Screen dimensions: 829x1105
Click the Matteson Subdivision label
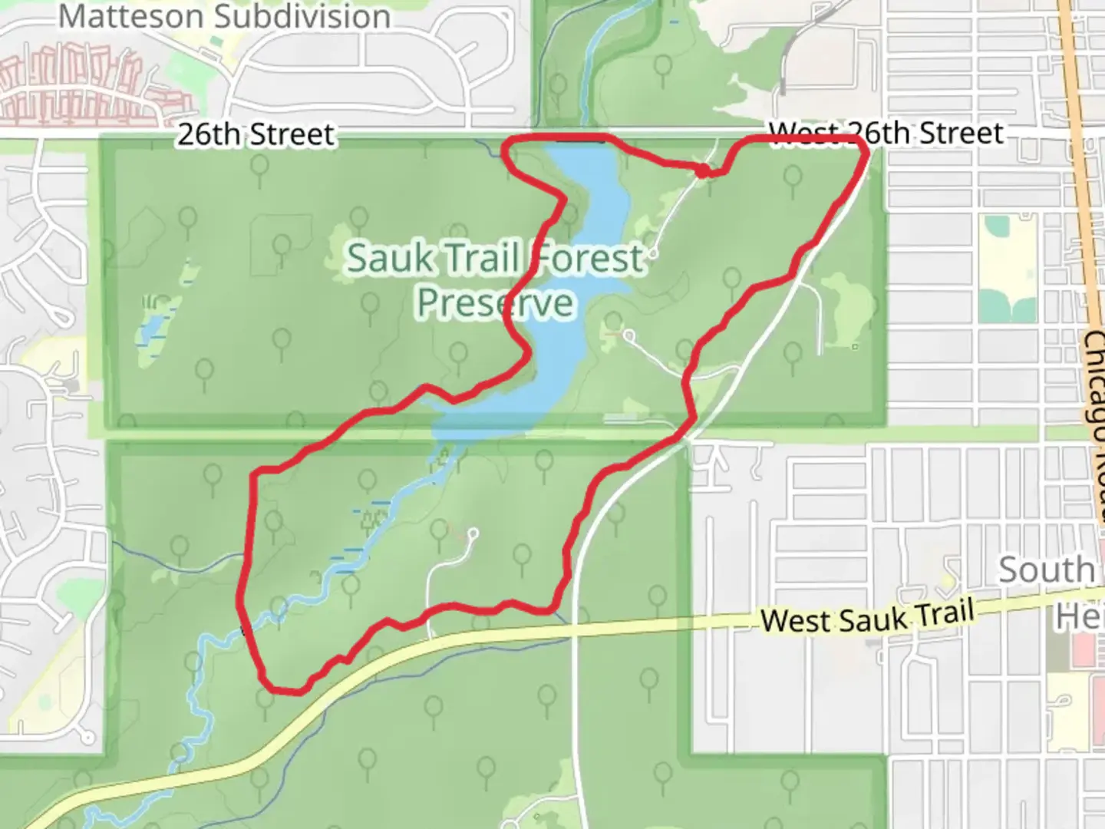click(224, 16)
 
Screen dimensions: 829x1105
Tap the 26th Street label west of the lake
click(256, 135)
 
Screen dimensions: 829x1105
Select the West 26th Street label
click(886, 133)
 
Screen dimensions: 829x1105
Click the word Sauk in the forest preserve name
click(390, 258)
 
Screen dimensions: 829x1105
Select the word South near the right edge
click(1046, 570)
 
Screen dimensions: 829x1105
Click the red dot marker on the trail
click(702, 170)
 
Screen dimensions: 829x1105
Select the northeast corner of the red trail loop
click(866, 146)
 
